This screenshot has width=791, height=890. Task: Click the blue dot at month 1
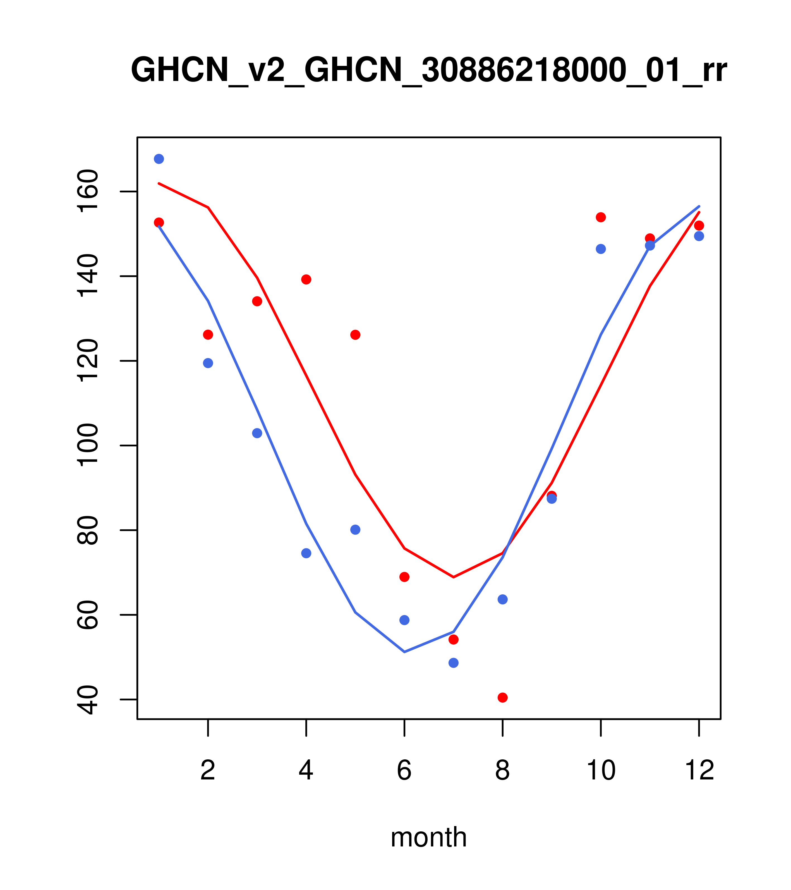pyautogui.click(x=159, y=159)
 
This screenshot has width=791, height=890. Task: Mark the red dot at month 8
pyautogui.click(x=502, y=698)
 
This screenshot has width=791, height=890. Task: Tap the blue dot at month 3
pyautogui.click(x=257, y=433)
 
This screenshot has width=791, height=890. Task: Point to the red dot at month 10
pyautogui.click(x=601, y=217)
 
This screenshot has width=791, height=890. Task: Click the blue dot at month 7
pyautogui.click(x=453, y=663)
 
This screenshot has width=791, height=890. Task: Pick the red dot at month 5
pyautogui.click(x=355, y=335)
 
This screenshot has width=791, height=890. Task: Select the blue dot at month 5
pyautogui.click(x=355, y=530)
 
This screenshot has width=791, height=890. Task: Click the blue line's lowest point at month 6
pyautogui.click(x=404, y=652)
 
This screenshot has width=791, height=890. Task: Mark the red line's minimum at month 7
pyautogui.click(x=453, y=577)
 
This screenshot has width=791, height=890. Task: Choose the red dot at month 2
pyautogui.click(x=208, y=334)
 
